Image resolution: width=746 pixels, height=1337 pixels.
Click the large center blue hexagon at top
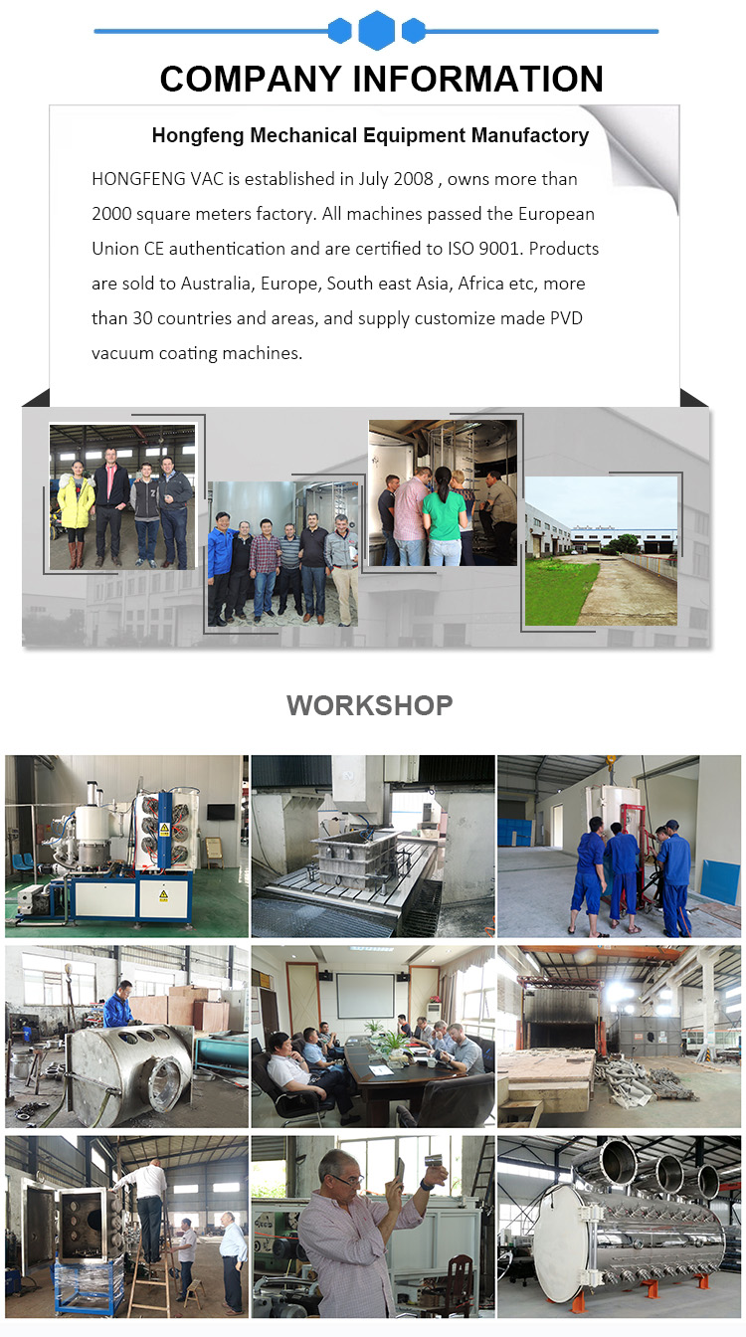click(377, 30)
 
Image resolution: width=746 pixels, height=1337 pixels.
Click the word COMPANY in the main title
click(251, 79)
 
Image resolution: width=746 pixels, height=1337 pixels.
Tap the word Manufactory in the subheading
click(530, 135)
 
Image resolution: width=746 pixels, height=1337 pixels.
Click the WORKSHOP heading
click(370, 705)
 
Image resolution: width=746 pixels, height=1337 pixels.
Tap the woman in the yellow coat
click(76, 513)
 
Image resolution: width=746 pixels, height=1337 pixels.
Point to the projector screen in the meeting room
click(366, 996)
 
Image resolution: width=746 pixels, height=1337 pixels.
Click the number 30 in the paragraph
click(142, 318)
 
